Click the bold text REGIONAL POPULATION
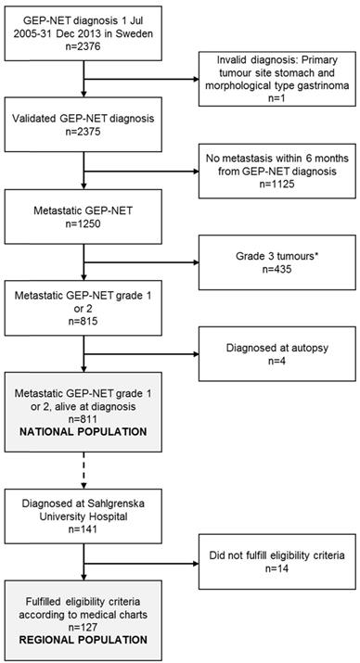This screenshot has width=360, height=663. pos(69,641)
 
